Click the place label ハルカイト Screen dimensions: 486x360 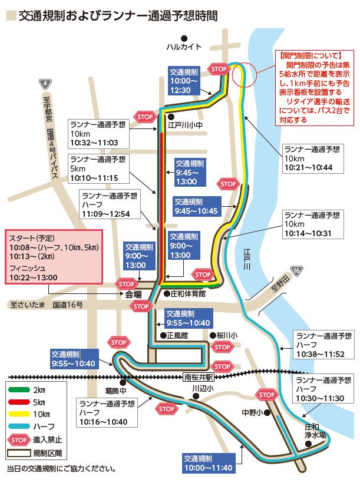[184, 47]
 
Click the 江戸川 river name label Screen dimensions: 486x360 [247, 259]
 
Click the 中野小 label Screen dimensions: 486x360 [251, 412]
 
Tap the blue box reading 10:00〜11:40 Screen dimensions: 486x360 [208, 463]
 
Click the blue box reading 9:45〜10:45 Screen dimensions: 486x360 [196, 206]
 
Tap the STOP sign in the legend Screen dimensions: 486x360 [19, 438]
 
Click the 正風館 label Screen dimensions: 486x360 [176, 335]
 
